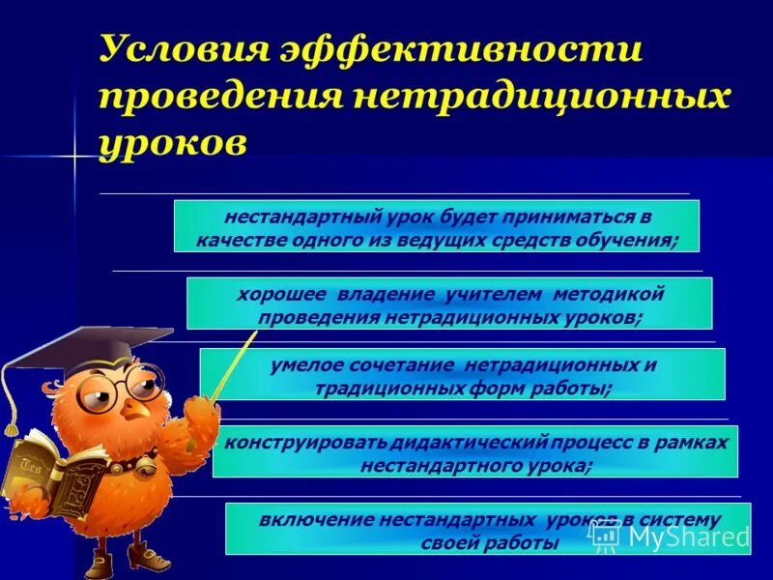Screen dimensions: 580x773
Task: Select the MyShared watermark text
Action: tap(688, 536)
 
